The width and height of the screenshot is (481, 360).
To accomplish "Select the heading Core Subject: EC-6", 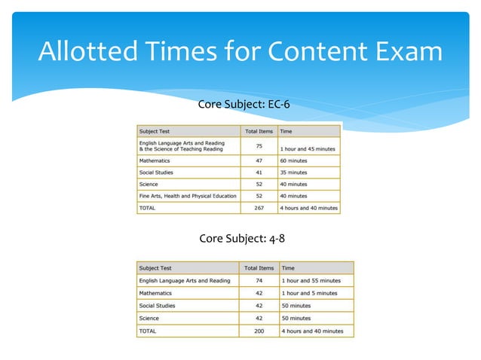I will click(x=244, y=104).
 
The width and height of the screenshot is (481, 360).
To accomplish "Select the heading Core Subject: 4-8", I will click(x=242, y=239).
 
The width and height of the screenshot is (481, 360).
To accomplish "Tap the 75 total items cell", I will click(x=259, y=145).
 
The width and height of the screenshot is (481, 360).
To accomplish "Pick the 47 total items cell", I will click(x=259, y=160).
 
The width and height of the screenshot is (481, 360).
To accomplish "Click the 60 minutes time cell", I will click(x=294, y=160).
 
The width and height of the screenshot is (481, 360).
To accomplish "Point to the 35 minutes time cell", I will click(x=294, y=172).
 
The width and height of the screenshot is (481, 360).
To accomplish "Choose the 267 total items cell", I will click(x=259, y=208).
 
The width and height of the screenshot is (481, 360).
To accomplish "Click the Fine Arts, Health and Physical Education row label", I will click(x=188, y=196).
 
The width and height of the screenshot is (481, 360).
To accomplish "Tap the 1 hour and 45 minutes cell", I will click(x=308, y=148).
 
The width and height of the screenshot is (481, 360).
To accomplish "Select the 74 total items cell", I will click(x=259, y=281).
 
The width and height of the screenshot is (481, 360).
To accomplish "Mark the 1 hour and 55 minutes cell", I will click(x=311, y=281).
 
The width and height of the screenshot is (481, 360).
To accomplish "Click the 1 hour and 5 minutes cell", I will click(x=309, y=293).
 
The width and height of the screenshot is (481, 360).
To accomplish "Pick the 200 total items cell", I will click(x=259, y=331).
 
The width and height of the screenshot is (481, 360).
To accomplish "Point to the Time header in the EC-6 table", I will click(x=286, y=131).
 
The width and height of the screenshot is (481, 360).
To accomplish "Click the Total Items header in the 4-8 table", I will click(x=259, y=267).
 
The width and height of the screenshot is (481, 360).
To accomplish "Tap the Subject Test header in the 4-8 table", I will click(x=155, y=267).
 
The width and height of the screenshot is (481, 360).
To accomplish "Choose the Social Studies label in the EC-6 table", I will click(x=156, y=172).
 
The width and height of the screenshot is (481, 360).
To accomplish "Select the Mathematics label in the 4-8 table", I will click(x=155, y=293).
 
